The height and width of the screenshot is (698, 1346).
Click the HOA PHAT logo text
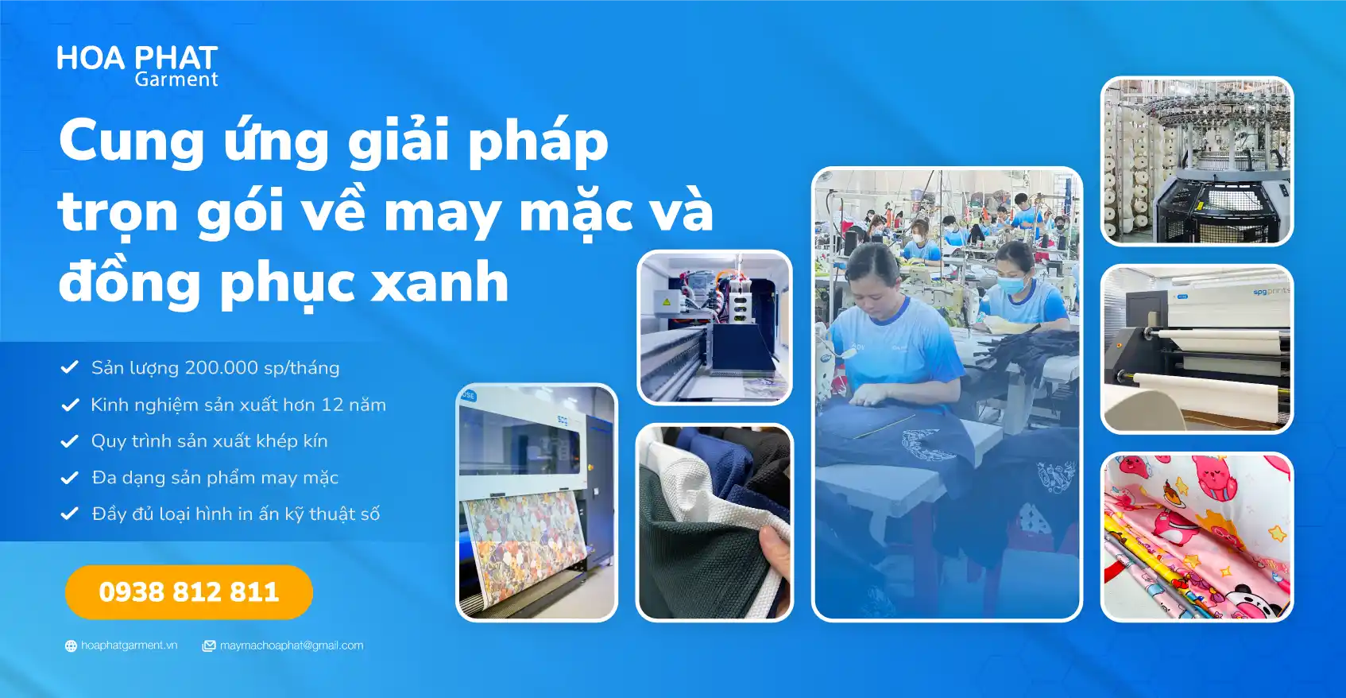(137, 58)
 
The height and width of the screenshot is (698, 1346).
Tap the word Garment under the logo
(176, 79)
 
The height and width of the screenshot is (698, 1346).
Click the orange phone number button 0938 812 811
(188, 592)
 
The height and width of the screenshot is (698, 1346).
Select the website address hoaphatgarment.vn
(130, 645)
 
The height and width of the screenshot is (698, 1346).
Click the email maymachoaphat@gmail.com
(292, 645)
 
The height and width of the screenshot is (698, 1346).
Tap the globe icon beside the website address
(71, 646)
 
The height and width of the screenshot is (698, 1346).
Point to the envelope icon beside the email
(208, 646)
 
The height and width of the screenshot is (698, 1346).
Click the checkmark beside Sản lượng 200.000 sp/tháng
(70, 366)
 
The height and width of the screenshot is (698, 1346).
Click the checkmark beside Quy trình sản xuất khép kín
(70, 440)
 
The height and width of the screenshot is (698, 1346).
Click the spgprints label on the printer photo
(1271, 292)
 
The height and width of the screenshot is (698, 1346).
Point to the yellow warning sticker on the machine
(667, 301)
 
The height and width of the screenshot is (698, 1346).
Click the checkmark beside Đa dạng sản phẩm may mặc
(70, 477)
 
